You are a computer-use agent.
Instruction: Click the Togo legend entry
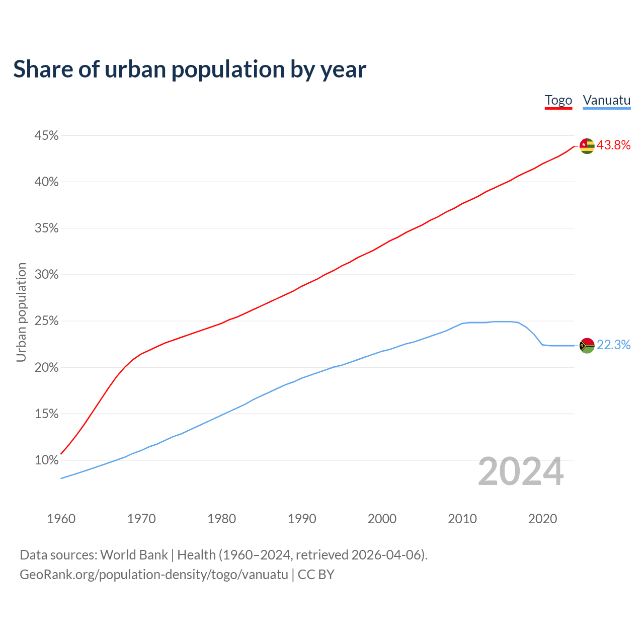point(558,100)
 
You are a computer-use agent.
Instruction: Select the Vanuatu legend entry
point(606,100)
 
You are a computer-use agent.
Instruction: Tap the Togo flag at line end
point(587,146)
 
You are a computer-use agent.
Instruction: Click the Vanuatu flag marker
point(587,345)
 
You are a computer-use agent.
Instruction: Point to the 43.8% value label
point(614,145)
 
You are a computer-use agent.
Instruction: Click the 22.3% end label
point(614,345)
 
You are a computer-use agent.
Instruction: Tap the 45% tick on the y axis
point(46,136)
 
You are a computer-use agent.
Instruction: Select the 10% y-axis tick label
point(46,460)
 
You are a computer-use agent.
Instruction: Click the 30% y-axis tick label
point(46,275)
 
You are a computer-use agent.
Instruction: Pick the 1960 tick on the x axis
point(61,519)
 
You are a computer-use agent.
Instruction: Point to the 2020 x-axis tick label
point(542,519)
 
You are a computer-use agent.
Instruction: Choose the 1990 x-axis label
point(302,519)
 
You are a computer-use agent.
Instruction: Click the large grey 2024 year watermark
point(521,472)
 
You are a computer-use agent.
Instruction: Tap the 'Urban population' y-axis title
point(21,312)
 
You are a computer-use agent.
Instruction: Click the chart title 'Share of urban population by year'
point(190,69)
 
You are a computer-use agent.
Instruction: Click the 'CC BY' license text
point(316,575)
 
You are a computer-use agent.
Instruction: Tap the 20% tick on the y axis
point(46,368)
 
